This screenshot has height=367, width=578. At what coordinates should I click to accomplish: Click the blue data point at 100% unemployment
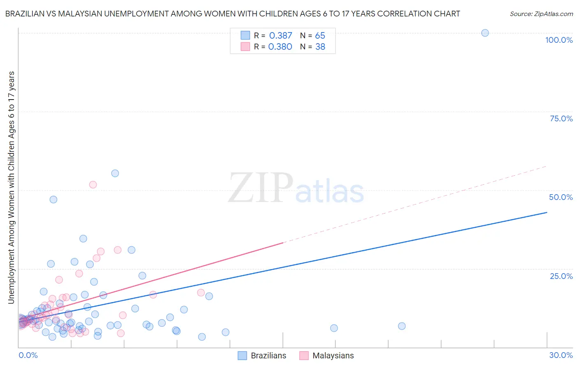[485, 33]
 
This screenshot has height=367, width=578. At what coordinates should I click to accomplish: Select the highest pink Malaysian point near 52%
[93, 185]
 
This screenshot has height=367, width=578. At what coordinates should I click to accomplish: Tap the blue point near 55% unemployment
[115, 173]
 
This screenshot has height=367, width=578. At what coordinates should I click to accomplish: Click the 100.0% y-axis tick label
[559, 40]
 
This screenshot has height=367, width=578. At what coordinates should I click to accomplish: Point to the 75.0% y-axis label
[561, 118]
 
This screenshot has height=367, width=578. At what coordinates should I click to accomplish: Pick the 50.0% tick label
[561, 197]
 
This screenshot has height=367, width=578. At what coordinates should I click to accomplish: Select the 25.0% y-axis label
[561, 276]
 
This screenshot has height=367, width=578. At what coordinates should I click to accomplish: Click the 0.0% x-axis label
[28, 355]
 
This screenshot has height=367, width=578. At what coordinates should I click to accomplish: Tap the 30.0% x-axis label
[561, 355]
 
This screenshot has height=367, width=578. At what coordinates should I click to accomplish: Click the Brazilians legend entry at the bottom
[262, 355]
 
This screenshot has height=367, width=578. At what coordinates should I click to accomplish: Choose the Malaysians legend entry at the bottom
[327, 355]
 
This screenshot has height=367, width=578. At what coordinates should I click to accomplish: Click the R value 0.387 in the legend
[280, 36]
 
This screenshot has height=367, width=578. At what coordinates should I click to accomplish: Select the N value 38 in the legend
[320, 47]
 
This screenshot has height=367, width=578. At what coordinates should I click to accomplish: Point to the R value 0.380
[280, 47]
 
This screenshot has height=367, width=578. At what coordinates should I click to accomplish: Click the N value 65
[320, 36]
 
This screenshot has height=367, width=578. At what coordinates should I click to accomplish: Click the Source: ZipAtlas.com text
[541, 14]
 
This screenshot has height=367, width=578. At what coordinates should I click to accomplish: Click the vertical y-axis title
[11, 188]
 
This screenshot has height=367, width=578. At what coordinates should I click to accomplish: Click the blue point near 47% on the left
[53, 200]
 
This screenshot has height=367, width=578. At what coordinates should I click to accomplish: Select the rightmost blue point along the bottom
[402, 326]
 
